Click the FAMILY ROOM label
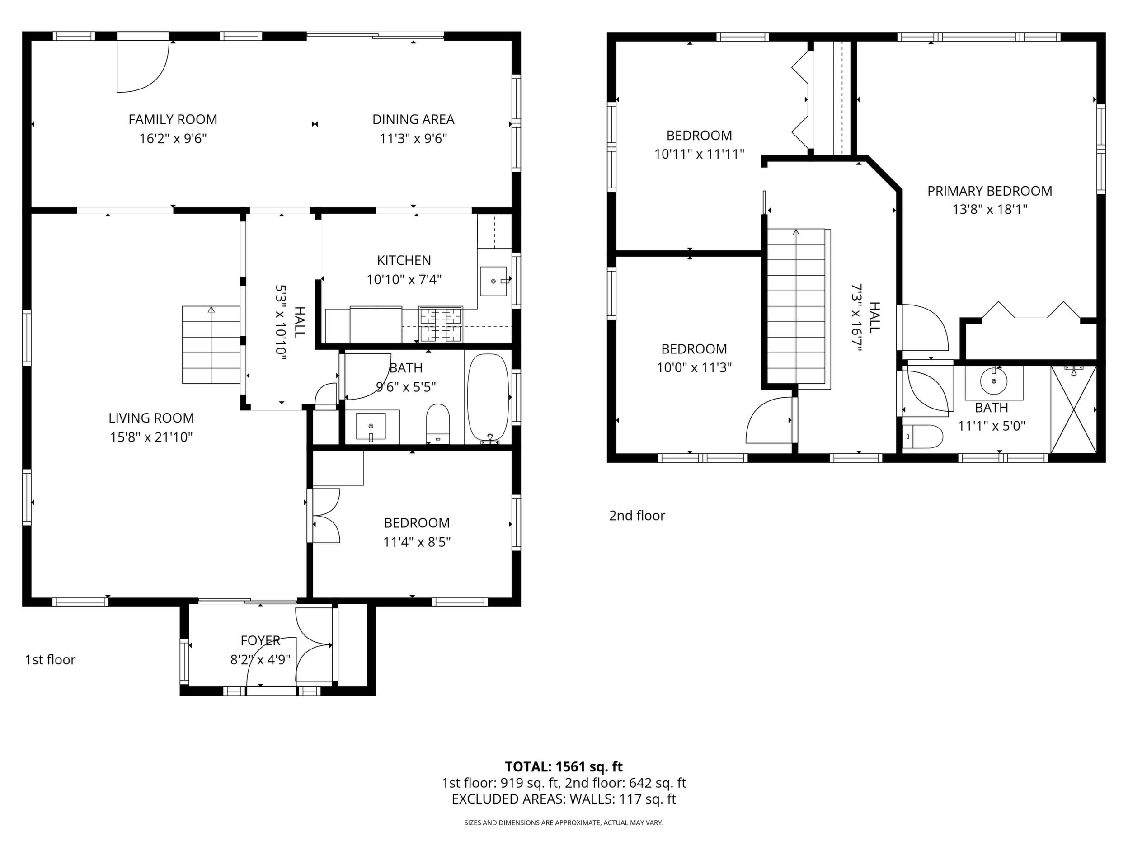pos(173,119)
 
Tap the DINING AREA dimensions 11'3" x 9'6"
pos(413,139)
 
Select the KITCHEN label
pos(404,261)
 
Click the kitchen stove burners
pos(441,325)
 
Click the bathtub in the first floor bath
pos(489,398)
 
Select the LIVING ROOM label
pos(151,418)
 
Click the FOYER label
pos(261,640)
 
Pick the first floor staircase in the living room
pos(211,345)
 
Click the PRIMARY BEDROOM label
pos(990,191)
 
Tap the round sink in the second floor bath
pos(994,381)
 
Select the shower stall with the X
pos(1074,409)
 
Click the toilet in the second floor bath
pos(923,437)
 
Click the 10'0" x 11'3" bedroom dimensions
pos(694,368)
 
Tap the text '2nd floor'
pos(637,516)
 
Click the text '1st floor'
pos(50,660)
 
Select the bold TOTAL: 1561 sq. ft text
pos(564,766)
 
